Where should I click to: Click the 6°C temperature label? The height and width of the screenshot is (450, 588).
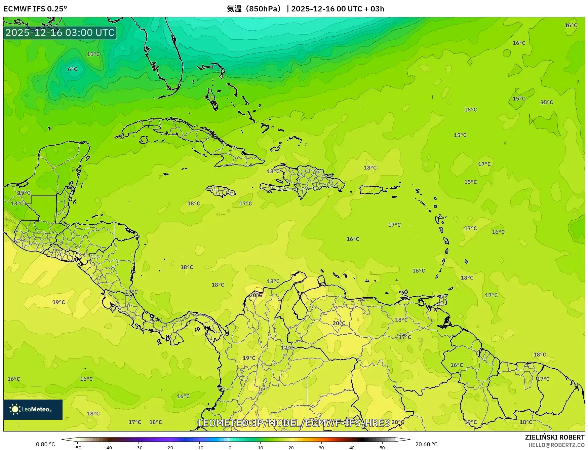point(73,69)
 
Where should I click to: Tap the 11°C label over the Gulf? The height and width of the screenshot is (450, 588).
point(93,54)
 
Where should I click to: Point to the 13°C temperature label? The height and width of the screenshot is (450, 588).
point(17,203)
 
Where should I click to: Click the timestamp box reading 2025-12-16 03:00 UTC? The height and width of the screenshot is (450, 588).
point(60,33)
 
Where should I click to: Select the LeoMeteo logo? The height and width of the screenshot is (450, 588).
point(33,409)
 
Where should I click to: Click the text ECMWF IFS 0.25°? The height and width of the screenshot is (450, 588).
point(35,9)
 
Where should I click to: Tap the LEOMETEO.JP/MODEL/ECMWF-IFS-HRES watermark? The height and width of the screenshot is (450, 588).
point(294,423)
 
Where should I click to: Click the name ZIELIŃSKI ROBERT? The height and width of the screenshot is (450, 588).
point(554,437)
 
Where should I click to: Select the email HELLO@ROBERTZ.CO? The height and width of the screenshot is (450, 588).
point(556,445)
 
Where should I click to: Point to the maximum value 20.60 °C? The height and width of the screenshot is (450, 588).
point(426,444)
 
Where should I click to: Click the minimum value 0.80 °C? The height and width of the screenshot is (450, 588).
point(45,444)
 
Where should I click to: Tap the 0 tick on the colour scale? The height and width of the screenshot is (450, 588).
point(230,447)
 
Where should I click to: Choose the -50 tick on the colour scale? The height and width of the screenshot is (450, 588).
point(77,447)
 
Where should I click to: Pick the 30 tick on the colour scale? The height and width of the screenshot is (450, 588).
point(321,447)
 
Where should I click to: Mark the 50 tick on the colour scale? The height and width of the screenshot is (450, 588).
point(382,447)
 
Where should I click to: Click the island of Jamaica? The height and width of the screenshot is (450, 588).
point(221,191)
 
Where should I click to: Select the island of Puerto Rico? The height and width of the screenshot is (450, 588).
point(371,190)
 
